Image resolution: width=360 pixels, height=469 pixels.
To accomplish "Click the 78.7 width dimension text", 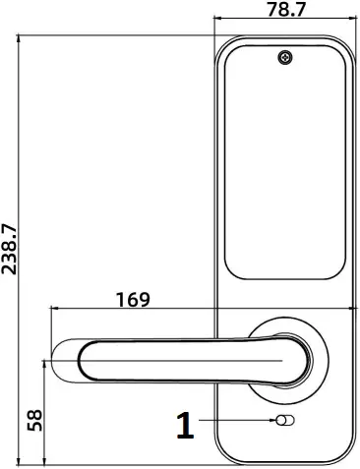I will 285,11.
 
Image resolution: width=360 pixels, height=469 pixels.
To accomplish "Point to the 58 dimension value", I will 33,419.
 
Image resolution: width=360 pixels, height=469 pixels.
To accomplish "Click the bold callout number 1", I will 184,425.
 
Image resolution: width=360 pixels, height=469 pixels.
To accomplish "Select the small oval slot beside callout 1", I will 284,422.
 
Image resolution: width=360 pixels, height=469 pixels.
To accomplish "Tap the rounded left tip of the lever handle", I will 61,361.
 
